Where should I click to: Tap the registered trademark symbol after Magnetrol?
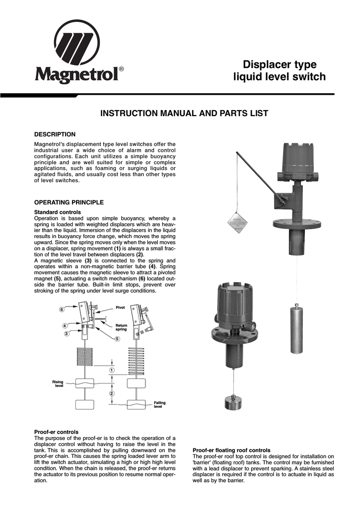(122, 69)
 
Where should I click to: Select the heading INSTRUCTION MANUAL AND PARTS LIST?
(184, 114)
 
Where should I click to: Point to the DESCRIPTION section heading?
(55, 134)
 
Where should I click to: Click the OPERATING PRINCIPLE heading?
(69, 202)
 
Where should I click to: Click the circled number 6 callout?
(62, 310)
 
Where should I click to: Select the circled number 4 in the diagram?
(65, 325)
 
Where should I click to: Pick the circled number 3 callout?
(66, 334)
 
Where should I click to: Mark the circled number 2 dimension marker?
(112, 393)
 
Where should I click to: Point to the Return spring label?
(122, 327)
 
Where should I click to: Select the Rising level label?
(59, 383)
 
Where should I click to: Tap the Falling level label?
(159, 405)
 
